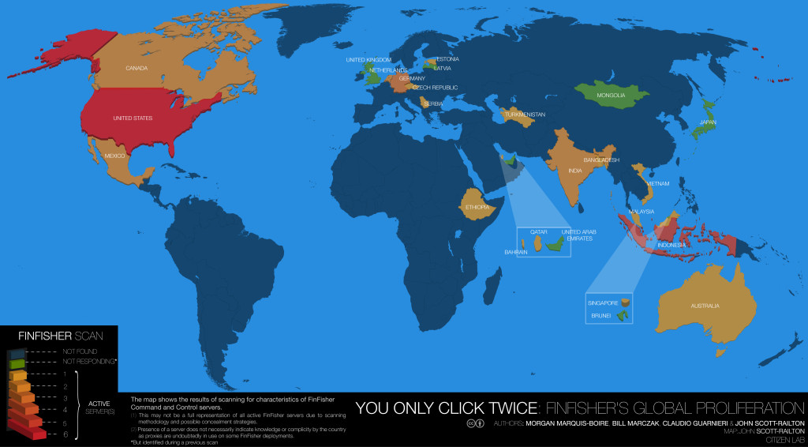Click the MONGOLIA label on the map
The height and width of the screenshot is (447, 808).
611,96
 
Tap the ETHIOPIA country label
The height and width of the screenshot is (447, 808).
477,208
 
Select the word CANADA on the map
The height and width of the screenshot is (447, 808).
137,68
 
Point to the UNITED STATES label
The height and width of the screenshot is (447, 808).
133,118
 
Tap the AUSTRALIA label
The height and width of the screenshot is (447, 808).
706,306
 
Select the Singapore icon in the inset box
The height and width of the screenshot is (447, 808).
626,302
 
